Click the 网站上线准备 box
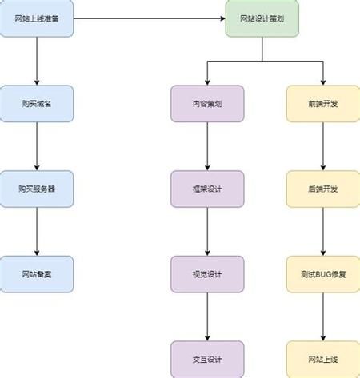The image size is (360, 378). [37, 18]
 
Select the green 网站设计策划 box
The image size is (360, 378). [261, 18]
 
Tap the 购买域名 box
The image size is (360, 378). [37, 104]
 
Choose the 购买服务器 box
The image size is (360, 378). [37, 189]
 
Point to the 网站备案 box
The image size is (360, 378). [37, 274]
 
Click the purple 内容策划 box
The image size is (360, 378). [207, 104]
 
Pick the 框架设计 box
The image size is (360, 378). [207, 189]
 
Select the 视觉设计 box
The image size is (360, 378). [207, 274]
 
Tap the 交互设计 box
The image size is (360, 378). [207, 359]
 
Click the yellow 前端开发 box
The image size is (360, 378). [323, 104]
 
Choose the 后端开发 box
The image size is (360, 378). [323, 189]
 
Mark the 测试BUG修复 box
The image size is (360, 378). [323, 274]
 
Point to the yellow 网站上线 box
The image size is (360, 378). [323, 359]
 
